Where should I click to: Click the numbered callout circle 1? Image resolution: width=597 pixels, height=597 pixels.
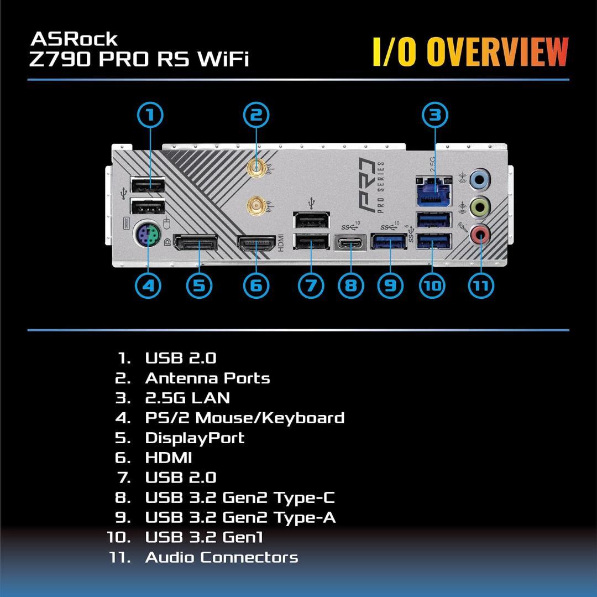(x=149, y=115)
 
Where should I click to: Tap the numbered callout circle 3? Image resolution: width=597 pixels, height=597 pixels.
(x=435, y=115)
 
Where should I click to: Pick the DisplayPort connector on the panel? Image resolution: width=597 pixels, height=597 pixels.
(x=195, y=243)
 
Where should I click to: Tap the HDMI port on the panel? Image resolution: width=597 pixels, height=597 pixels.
(x=256, y=243)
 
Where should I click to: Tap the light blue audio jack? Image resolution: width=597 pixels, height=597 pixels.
(x=479, y=179)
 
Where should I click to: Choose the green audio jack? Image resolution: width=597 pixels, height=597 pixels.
(x=479, y=208)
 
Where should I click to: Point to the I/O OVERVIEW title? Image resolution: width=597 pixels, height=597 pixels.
(x=470, y=53)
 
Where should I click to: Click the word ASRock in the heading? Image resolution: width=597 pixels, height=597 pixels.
(x=74, y=39)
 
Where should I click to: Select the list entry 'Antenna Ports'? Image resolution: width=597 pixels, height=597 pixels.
(x=207, y=378)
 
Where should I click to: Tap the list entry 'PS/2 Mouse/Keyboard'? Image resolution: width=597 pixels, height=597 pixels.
(x=244, y=418)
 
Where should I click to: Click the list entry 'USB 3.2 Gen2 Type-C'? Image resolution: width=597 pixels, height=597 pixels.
(x=239, y=497)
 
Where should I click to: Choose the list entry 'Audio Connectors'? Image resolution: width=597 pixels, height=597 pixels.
(x=221, y=557)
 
